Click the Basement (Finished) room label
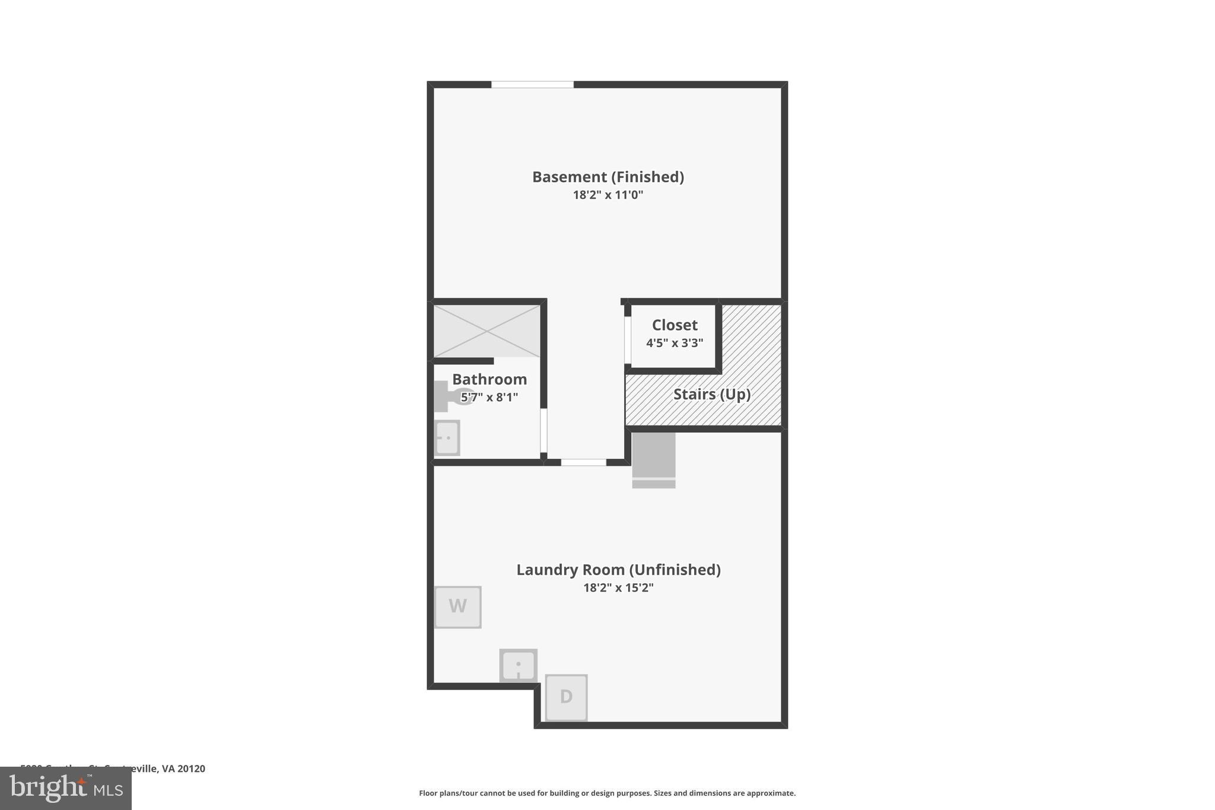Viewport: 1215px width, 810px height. [607, 177]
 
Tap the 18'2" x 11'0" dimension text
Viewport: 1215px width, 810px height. [607, 195]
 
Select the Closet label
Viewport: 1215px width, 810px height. [675, 325]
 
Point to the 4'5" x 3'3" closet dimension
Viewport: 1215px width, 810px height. [675, 343]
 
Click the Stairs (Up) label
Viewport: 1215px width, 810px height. [711, 394]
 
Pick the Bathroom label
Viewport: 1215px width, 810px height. [489, 379]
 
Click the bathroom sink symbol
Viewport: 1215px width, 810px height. [447, 438]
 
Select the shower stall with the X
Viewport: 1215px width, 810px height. [487, 331]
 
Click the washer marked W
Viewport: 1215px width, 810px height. [457, 606]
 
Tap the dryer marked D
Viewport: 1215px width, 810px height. [566, 697]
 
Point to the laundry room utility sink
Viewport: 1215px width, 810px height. [518, 665]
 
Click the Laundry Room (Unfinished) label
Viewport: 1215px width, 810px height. [618, 570]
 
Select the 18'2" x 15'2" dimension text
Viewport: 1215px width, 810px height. [618, 587]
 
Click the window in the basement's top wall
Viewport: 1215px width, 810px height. [532, 85]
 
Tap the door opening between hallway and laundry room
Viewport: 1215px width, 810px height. [583, 462]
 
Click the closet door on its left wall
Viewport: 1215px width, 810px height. [627, 340]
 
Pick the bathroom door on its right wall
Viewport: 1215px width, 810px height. [543, 431]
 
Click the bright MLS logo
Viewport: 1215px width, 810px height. [66, 789]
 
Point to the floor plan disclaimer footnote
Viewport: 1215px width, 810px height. [607, 793]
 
